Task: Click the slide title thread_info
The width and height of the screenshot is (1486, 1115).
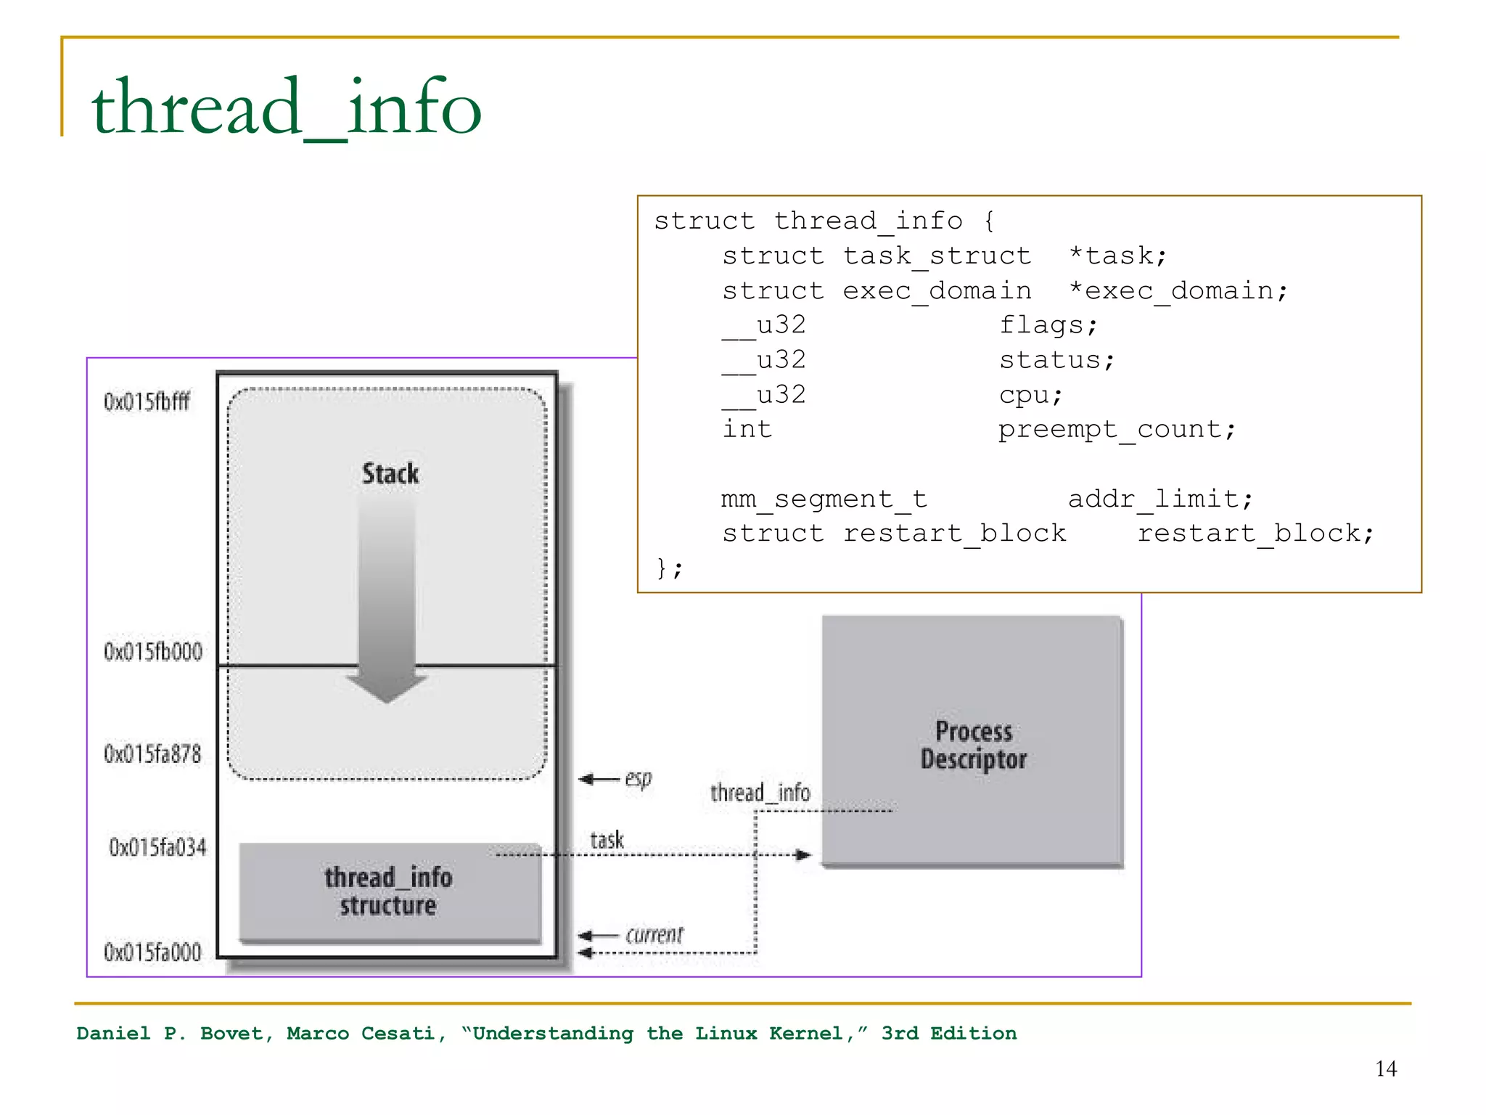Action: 286,107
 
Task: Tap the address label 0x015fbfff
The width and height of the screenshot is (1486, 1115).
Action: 147,401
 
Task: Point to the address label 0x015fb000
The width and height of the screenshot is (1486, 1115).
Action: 153,652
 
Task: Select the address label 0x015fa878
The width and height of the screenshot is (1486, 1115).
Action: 152,754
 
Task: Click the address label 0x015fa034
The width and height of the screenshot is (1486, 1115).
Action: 157,847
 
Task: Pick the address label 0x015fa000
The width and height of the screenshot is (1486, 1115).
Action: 152,952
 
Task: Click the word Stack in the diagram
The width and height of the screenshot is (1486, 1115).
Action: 390,474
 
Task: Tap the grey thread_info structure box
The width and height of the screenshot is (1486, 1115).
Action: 390,892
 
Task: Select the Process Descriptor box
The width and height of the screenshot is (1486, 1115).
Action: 973,741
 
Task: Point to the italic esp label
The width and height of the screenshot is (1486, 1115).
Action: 639,779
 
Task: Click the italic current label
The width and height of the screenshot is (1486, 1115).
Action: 654,935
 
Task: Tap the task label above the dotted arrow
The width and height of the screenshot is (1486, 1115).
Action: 607,840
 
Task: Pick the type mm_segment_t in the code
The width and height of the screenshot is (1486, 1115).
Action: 824,499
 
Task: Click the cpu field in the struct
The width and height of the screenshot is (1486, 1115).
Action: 1023,395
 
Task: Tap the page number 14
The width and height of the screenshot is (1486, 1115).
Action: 1385,1069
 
